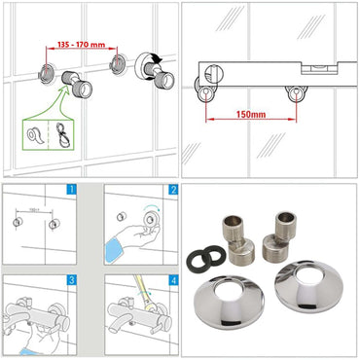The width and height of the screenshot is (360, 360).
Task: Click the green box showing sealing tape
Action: [x=49, y=133]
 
